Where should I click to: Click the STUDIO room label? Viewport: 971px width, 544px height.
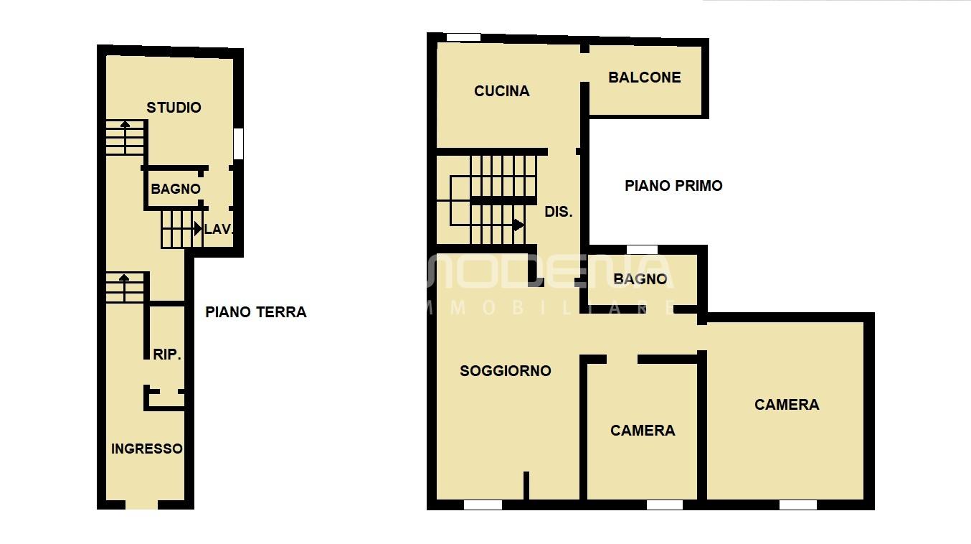[174, 108]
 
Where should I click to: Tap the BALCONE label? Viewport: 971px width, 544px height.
[645, 78]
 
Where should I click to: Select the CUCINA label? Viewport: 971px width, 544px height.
[501, 91]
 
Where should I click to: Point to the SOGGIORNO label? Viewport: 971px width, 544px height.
[506, 371]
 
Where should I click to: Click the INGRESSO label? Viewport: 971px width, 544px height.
[147, 449]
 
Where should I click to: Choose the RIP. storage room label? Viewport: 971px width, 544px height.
[167, 355]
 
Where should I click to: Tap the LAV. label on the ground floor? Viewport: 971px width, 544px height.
[219, 229]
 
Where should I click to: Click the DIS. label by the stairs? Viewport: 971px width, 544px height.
[559, 212]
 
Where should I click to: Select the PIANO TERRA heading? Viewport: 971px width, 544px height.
[256, 312]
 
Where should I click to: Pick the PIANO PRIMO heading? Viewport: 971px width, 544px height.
[673, 186]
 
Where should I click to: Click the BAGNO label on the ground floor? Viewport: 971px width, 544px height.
[176, 189]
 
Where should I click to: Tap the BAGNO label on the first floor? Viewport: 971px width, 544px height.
[640, 279]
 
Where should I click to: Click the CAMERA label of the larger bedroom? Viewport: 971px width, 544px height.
[787, 405]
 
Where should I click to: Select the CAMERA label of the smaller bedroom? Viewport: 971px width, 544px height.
[643, 431]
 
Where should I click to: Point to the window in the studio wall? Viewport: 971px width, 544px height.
[238, 144]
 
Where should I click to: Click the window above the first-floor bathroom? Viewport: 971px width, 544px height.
[642, 250]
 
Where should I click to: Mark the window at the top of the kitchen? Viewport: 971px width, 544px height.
[463, 37]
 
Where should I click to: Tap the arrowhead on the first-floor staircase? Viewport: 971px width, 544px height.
[518, 225]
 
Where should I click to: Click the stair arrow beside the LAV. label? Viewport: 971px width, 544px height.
[198, 229]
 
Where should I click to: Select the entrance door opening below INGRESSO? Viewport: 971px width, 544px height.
[142, 505]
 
